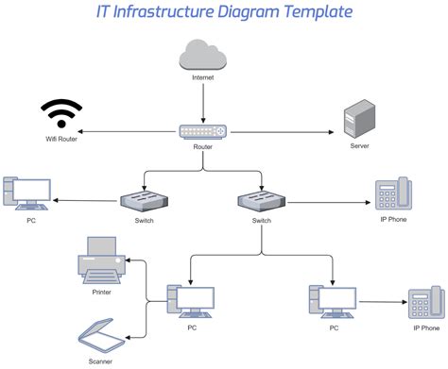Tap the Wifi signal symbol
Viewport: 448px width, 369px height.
pyautogui.click(x=60, y=115)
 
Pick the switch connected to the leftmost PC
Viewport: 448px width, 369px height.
pyautogui.click(x=145, y=201)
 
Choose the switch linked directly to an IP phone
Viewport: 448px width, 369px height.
pyautogui.click(x=262, y=201)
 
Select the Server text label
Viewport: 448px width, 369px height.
pyautogui.click(x=359, y=146)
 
